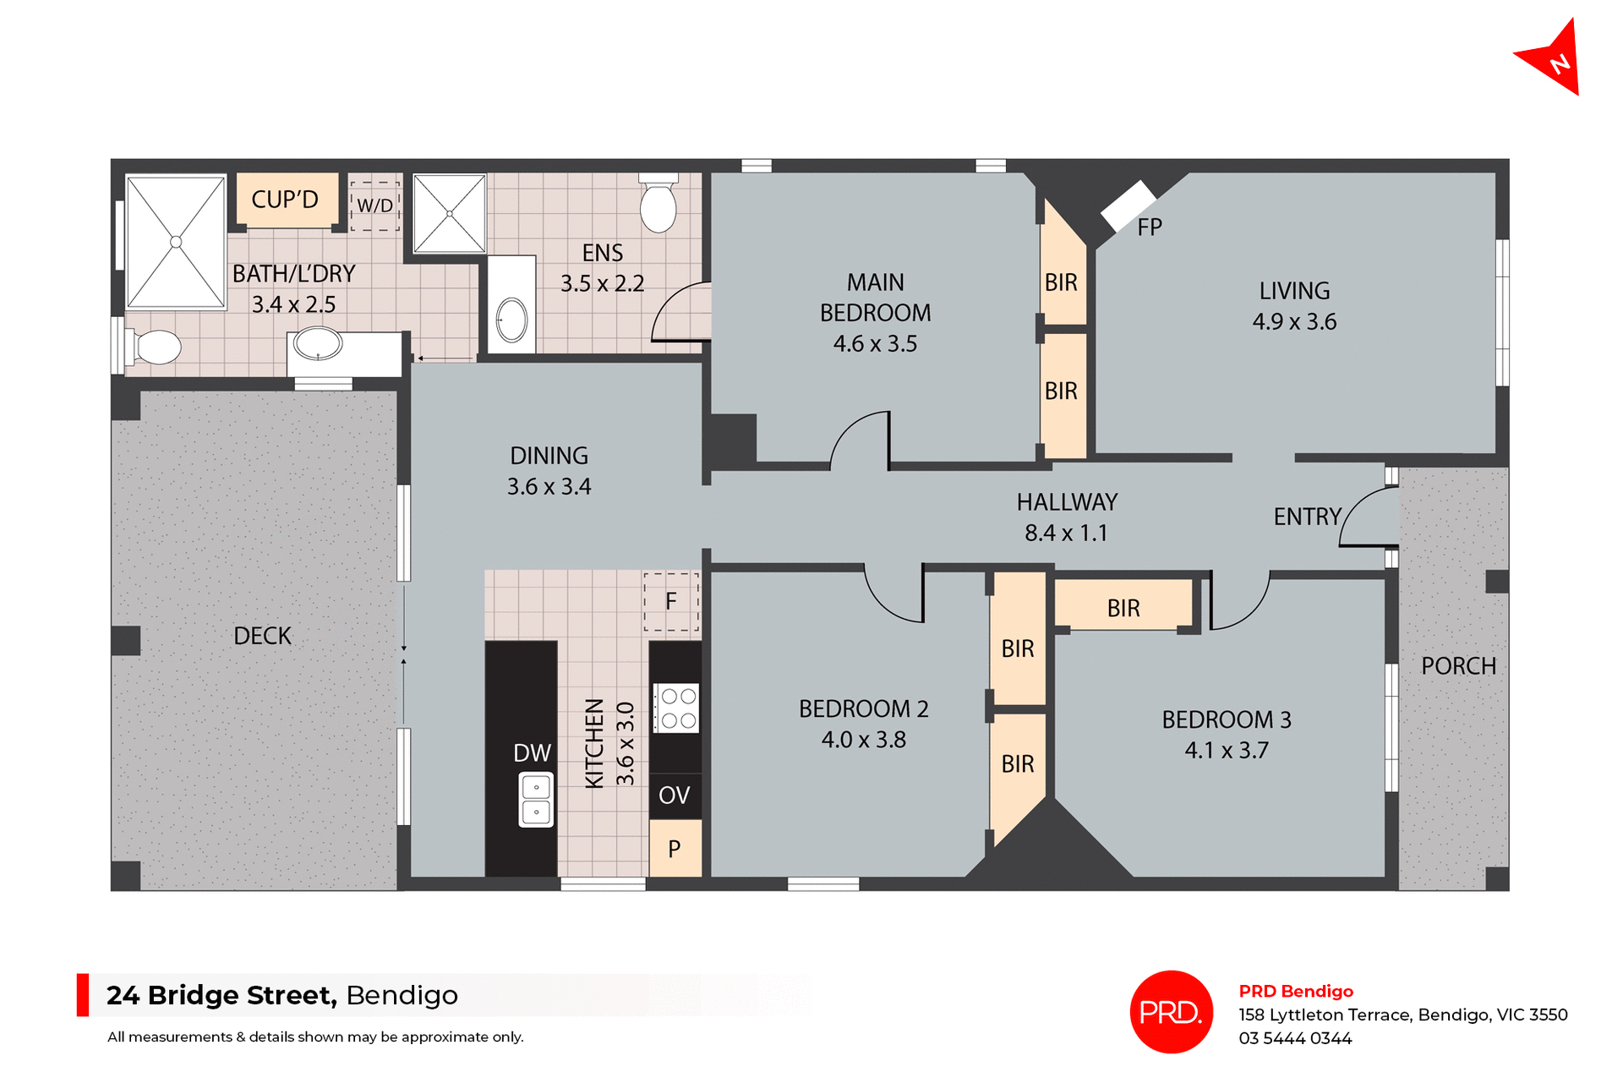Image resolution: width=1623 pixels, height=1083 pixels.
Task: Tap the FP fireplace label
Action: [x=1149, y=227]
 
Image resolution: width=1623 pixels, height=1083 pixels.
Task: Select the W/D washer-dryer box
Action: [x=374, y=205]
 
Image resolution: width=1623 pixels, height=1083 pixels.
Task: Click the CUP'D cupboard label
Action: [x=285, y=200]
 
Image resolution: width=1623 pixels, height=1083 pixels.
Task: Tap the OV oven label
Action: [x=674, y=796]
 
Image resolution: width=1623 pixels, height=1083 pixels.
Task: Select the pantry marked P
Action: [x=675, y=849]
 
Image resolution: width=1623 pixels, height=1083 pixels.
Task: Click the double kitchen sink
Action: [x=536, y=800]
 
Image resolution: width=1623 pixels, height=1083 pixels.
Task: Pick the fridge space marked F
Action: [x=671, y=601]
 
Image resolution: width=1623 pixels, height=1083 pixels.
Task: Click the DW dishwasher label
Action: [x=532, y=753]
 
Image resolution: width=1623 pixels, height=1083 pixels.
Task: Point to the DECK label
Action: [x=262, y=636]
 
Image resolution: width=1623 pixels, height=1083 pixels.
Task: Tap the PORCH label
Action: [x=1458, y=666]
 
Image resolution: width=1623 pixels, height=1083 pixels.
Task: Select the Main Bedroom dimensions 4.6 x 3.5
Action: [x=875, y=344]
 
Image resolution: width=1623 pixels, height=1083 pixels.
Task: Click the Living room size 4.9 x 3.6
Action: [x=1294, y=322]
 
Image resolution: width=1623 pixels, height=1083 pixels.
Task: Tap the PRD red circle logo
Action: [x=1171, y=1011]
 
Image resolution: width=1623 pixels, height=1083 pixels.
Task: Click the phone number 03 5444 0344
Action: [x=1295, y=1038]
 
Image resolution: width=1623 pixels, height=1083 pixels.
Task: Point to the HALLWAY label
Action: [x=1067, y=502]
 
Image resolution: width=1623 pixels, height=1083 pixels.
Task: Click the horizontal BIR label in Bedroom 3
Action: [x=1123, y=608]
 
